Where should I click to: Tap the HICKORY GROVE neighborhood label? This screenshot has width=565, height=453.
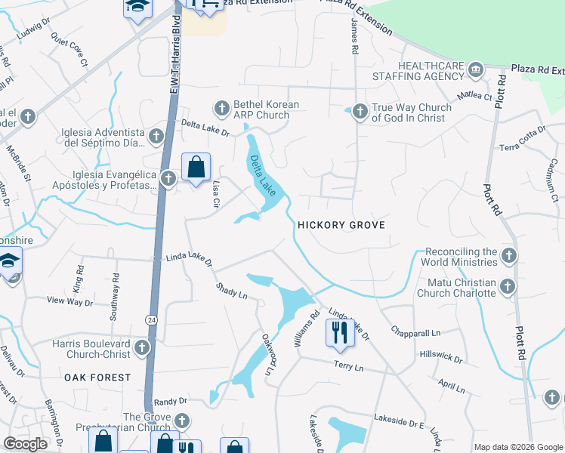pos(341,225)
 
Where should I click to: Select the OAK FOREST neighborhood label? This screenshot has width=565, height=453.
pos(97,377)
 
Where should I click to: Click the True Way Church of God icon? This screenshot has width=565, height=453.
pos(360,112)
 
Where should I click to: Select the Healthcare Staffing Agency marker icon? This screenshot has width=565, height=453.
pos(475,72)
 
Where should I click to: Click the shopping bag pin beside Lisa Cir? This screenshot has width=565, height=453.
pos(196,167)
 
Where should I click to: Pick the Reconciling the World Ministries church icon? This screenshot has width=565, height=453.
pos(508,257)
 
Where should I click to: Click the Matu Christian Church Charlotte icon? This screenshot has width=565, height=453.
pos(507,288)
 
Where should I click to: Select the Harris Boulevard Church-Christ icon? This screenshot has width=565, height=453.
pos(142,348)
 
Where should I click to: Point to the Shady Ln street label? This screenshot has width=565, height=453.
pos(231,290)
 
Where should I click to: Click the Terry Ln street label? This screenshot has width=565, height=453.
pos(348,365)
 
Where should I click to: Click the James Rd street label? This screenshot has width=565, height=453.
pos(354,37)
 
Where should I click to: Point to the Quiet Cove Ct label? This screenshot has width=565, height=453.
pos(69,48)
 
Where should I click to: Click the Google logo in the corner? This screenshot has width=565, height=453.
pos(25,444)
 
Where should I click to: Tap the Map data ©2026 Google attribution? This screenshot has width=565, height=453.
pos(517,447)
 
